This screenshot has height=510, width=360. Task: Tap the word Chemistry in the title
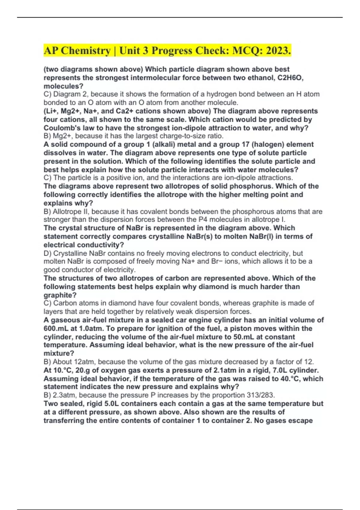[x=85, y=51]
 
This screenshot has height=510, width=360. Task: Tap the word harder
[x=271, y=286]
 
